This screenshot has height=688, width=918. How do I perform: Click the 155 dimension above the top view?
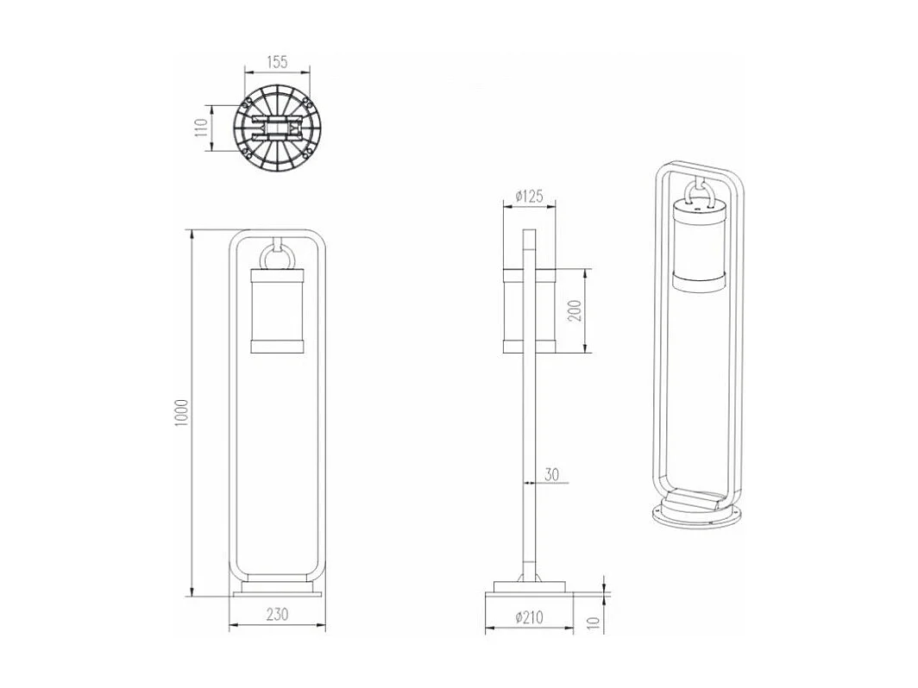[277, 62]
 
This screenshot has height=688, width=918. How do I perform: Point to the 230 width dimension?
[277, 615]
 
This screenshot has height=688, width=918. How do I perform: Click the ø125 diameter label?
[528, 197]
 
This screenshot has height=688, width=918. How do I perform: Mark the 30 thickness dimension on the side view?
[553, 473]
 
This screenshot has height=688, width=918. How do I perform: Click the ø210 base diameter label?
[528, 616]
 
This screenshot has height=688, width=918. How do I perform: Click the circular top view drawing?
[277, 131]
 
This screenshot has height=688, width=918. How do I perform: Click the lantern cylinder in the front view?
[278, 310]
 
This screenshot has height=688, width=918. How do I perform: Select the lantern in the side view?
[530, 310]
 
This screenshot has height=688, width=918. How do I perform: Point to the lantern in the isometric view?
[700, 246]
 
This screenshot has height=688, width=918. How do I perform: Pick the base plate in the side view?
[529, 590]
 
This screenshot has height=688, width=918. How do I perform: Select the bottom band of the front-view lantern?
[278, 347]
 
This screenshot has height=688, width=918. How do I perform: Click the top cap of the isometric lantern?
[700, 206]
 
